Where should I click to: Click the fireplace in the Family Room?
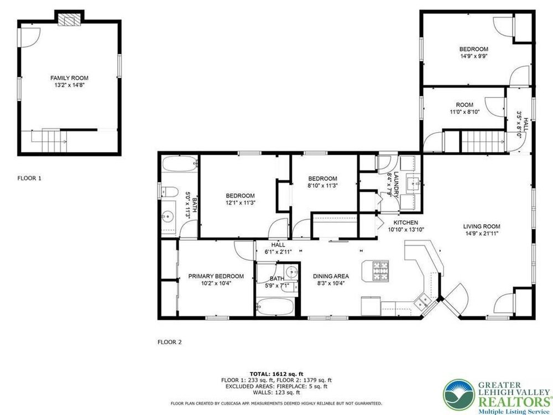click(x=69, y=20)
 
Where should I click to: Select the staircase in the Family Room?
click(x=54, y=141)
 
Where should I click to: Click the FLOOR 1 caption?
click(x=29, y=178)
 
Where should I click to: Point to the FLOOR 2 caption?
click(x=169, y=342)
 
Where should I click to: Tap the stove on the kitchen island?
click(x=380, y=270)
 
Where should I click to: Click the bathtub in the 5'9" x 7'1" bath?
click(x=275, y=307)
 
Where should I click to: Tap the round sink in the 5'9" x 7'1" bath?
click(x=291, y=272)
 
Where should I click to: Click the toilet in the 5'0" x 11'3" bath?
click(x=169, y=191)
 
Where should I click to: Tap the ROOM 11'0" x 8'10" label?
click(x=465, y=108)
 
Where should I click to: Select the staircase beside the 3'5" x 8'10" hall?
click(x=482, y=142)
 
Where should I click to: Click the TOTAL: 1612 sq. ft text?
click(x=276, y=374)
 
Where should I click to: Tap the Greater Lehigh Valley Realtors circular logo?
click(x=459, y=395)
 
